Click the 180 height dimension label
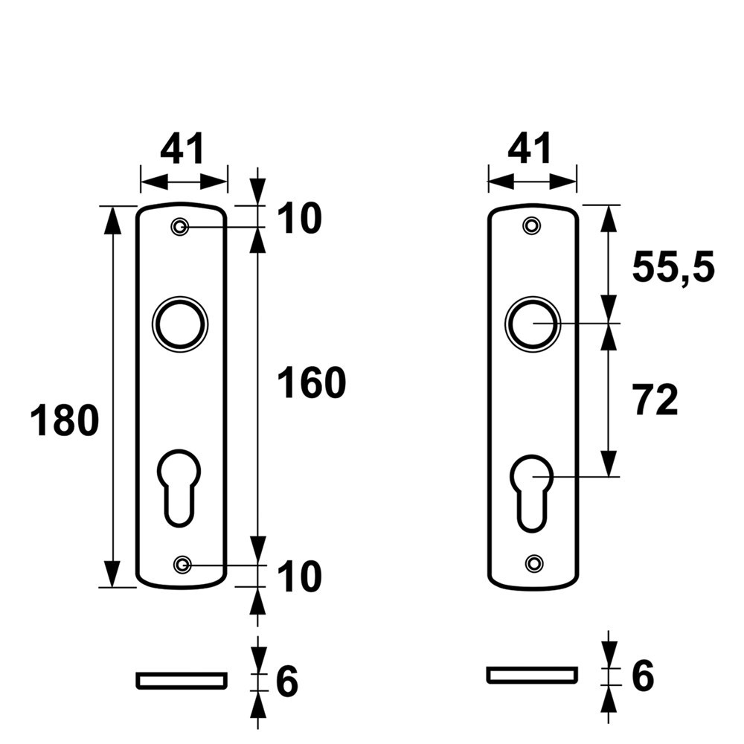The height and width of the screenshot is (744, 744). tap(65, 422)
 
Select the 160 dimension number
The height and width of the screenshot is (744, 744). tap(312, 384)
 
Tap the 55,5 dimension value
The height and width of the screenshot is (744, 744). tap(673, 268)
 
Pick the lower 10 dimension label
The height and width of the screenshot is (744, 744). tap(299, 577)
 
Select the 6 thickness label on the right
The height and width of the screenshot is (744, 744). tap(642, 676)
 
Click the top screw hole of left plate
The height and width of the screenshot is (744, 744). tap(179, 227)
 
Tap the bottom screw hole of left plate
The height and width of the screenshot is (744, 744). tap(181, 565)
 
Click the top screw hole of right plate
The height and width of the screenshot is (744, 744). tap(531, 225)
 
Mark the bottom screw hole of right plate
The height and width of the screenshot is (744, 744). tap(533, 564)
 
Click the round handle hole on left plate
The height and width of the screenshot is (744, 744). tap(180, 324)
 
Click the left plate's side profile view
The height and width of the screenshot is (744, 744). tap(181, 680)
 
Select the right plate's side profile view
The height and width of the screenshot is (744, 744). tap(532, 675)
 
